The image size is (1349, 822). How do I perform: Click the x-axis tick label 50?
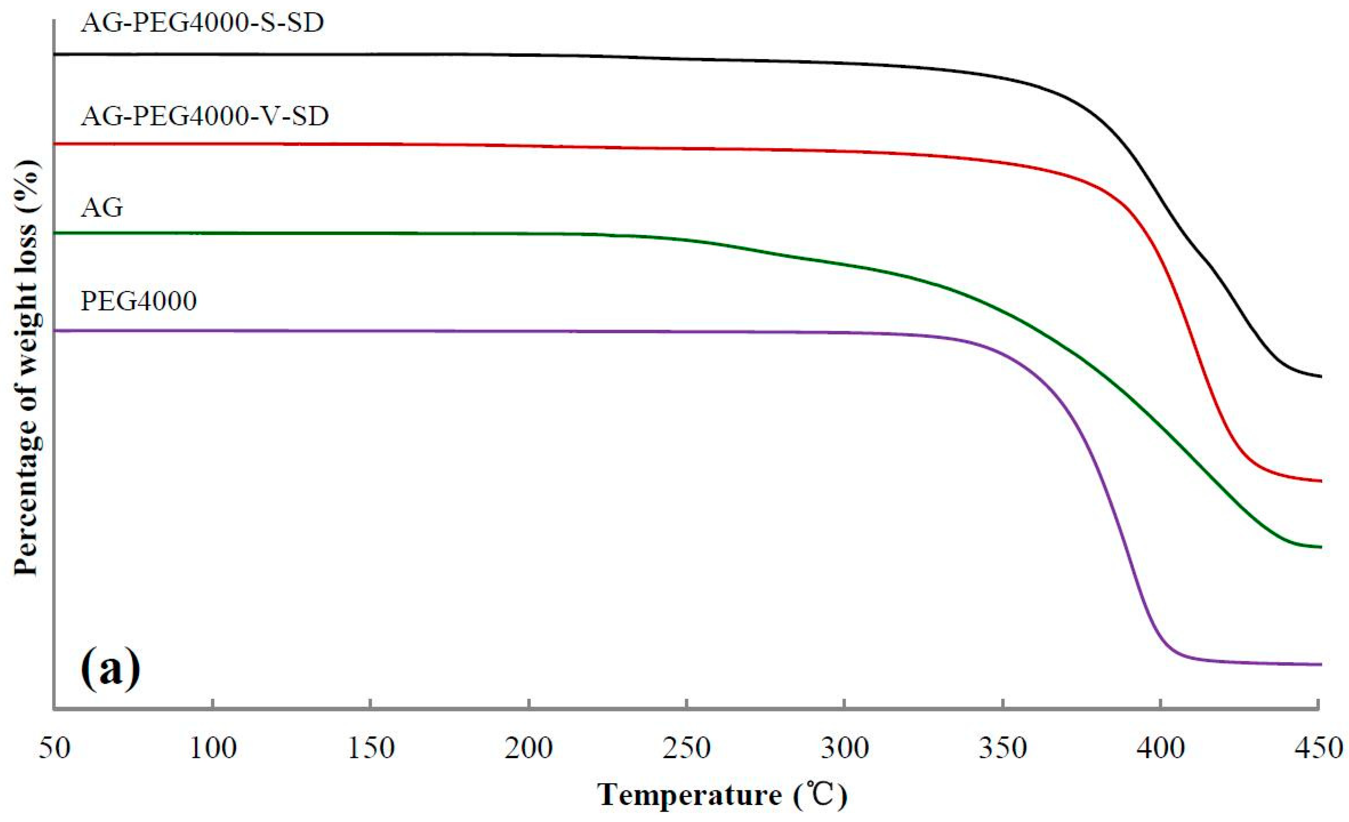click(55, 748)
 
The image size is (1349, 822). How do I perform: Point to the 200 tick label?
click(529, 748)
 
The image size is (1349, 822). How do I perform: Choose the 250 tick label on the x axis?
click(687, 748)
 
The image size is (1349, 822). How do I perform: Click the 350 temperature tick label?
click(1002, 748)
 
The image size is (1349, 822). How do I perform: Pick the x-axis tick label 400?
click(1161, 748)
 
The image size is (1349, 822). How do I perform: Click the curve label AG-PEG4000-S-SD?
click(202, 22)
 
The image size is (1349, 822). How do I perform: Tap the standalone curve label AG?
click(102, 208)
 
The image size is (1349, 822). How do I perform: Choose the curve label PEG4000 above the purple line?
click(139, 301)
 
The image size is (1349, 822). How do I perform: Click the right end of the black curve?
click(1321, 376)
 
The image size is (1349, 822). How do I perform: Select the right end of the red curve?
click(1321, 481)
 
